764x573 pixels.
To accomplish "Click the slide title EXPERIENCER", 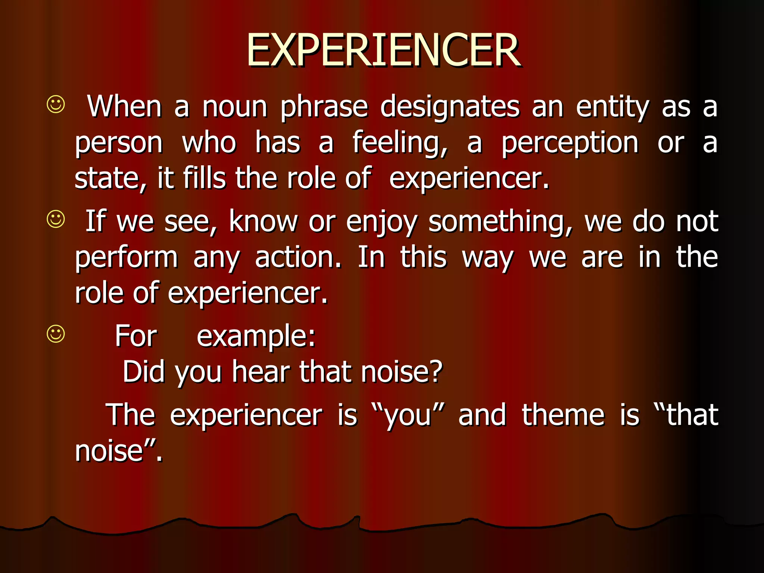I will point(383,50).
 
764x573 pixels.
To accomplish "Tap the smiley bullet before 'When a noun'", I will point(56,104).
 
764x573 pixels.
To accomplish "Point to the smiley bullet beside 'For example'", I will point(56,334).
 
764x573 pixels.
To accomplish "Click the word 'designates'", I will point(450,107).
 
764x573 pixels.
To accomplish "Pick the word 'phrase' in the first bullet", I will point(324,107).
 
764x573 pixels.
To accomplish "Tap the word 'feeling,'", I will point(400,143).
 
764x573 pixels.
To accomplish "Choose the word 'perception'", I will point(570,143).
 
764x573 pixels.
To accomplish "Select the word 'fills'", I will point(204,178).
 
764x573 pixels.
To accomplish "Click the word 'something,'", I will point(500,222).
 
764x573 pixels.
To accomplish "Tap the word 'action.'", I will point(298,257).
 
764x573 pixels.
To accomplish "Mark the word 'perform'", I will point(126,258).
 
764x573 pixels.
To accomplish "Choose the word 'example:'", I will point(256,336).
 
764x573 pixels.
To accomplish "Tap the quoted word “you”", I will point(408,415).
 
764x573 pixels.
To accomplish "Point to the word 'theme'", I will point(563,415).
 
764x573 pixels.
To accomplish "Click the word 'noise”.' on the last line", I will point(119,451).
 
